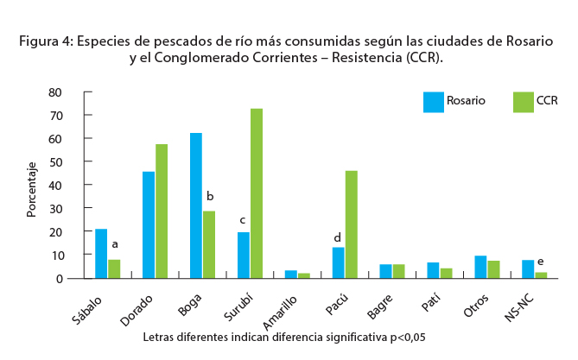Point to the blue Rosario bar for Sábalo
tap(101, 253)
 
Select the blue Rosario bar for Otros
tap(480, 267)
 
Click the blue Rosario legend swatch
tap(433, 102)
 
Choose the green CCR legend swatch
tap(523, 102)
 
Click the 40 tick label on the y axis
tap(56, 185)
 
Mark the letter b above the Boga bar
tap(209, 196)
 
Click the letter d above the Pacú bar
tap(338, 237)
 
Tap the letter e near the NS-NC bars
tap(540, 262)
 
